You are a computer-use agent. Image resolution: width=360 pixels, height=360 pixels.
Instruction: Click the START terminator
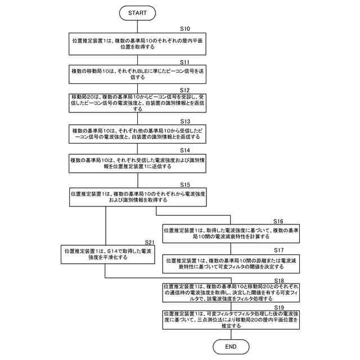click(138, 12)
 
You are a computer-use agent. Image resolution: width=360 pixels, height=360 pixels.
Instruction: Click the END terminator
click(230, 347)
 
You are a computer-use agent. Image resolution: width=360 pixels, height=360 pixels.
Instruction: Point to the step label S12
click(185, 90)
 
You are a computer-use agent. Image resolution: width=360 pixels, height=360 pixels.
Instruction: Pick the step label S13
click(185, 121)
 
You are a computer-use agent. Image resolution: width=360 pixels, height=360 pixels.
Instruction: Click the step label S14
click(185, 151)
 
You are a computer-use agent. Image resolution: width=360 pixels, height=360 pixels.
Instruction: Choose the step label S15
click(185, 184)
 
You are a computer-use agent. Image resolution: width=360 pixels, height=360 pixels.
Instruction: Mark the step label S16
click(278, 221)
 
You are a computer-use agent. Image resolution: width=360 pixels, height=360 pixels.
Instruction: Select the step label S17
click(278, 249)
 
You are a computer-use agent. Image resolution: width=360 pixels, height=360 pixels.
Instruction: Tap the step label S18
click(278, 280)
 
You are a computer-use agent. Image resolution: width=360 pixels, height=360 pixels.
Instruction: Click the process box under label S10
click(137, 43)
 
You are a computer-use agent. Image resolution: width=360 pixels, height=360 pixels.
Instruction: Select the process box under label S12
click(137, 105)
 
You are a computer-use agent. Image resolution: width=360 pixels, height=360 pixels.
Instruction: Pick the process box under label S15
click(137, 197)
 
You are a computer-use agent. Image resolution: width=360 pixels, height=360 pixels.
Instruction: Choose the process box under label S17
click(230, 263)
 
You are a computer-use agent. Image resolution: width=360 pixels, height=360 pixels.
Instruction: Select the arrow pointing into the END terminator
click(230, 335)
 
